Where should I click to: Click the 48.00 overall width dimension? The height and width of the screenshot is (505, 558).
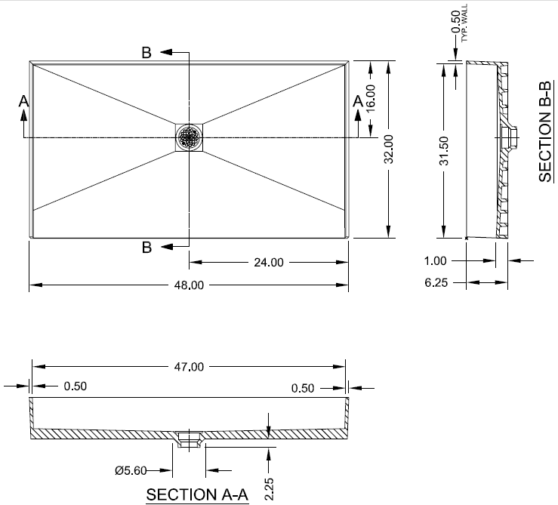(x=189, y=285)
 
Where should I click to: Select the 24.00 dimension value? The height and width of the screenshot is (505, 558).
(x=269, y=263)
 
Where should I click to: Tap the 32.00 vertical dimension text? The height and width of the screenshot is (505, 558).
(x=389, y=149)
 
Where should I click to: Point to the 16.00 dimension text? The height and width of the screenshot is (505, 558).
(x=371, y=98)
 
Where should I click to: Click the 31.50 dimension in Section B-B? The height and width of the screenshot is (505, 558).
(x=444, y=151)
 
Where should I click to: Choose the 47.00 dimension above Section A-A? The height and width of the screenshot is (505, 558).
(x=189, y=367)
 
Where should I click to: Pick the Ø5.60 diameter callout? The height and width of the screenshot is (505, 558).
(x=131, y=470)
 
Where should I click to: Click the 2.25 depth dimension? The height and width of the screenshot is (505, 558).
(x=269, y=489)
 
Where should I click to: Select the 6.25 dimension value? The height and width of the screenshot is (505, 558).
(x=436, y=283)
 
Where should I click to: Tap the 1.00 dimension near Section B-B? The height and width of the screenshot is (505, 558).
(x=435, y=261)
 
